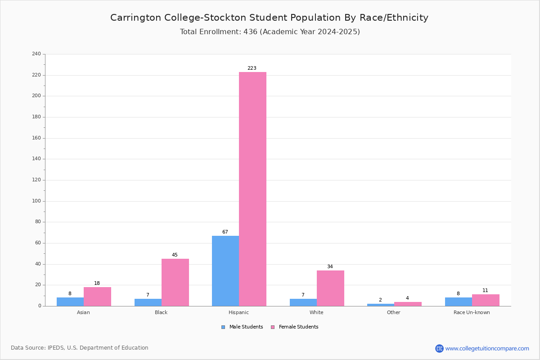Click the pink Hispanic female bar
[x=252, y=189]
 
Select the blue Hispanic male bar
[x=225, y=271]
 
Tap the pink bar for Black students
[x=175, y=282]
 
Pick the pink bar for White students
[x=330, y=288]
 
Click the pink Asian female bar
[x=97, y=297]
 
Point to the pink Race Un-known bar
[x=486, y=300]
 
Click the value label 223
[x=252, y=68]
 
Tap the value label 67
[x=225, y=232]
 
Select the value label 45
[x=175, y=255]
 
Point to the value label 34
[x=330, y=267]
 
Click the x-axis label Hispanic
[x=238, y=312]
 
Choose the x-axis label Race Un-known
[x=472, y=312]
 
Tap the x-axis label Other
[x=393, y=312]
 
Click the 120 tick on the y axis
[x=36, y=180]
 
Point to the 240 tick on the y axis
[x=36, y=54]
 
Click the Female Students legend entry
[x=295, y=327]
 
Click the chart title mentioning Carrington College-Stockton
[x=269, y=18]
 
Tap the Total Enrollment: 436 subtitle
[x=270, y=32]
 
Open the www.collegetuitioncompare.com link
[x=487, y=348]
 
